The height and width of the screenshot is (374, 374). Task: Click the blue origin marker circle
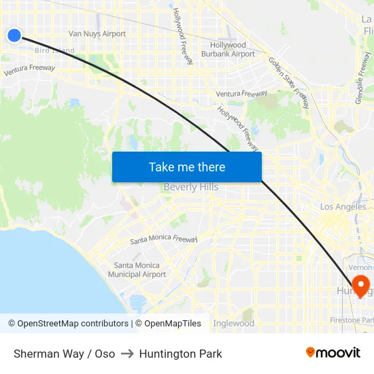(14, 35)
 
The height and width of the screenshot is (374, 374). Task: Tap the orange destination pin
(359, 284)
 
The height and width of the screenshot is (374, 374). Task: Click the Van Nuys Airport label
(97, 34)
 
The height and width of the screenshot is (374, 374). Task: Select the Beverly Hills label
(190, 187)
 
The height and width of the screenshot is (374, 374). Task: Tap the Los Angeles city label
(343, 207)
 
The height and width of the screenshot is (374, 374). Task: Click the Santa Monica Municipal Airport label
(137, 270)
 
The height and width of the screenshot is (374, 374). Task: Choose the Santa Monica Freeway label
(163, 240)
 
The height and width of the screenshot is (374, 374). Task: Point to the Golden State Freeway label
(289, 82)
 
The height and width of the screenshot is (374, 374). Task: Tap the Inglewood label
(233, 324)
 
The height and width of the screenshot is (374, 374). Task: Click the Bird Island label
(54, 50)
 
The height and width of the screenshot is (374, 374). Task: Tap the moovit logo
(333, 353)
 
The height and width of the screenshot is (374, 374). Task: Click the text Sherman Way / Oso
(64, 354)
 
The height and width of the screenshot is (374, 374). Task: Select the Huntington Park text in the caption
(180, 354)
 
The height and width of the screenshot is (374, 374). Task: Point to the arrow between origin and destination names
(127, 354)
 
